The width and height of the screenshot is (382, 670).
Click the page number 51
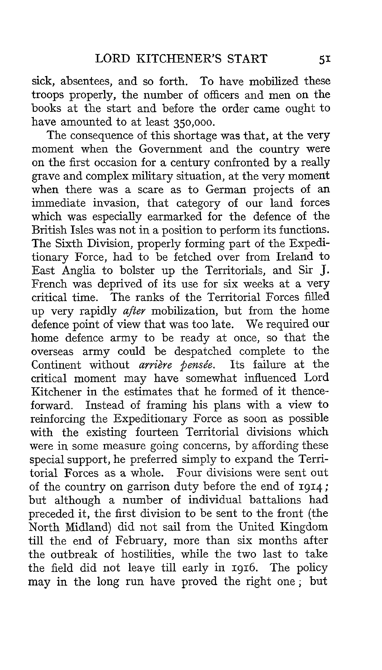coord(324,59)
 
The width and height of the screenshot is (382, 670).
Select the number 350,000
coord(194,122)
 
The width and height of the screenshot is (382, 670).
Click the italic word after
coord(134,311)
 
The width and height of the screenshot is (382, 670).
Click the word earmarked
coord(174,216)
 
